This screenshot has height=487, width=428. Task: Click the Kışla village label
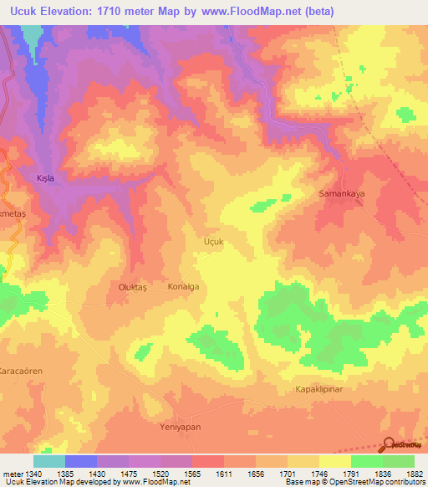click(x=50, y=178)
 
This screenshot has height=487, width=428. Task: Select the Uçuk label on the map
click(x=216, y=240)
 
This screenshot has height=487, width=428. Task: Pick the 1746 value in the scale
click(x=325, y=474)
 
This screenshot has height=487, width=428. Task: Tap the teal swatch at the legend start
click(x=49, y=461)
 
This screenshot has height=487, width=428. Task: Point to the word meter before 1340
click(x=13, y=474)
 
